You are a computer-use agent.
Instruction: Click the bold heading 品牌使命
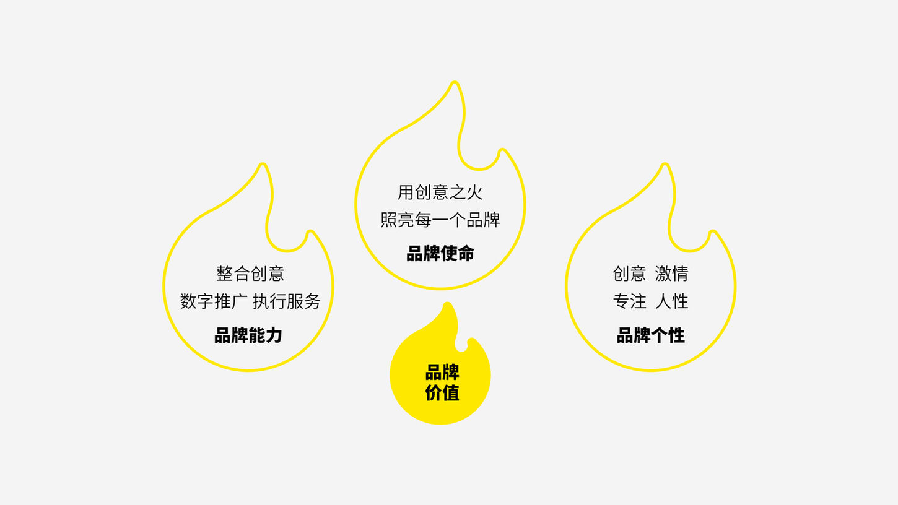click(440, 253)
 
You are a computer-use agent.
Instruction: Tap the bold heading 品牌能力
click(248, 335)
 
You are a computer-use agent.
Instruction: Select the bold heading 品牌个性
click(650, 335)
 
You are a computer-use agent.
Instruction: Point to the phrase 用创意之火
click(440, 192)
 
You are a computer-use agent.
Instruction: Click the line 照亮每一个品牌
click(440, 220)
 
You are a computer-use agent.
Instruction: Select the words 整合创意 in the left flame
click(250, 274)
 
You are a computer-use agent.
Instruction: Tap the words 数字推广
click(214, 301)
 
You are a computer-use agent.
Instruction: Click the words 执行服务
click(287, 301)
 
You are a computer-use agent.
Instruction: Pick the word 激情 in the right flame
click(671, 274)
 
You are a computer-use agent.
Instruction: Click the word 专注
click(629, 301)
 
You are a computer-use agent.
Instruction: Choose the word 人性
click(671, 301)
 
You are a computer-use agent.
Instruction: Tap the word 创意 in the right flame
click(629, 274)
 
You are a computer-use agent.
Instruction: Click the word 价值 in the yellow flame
click(442, 392)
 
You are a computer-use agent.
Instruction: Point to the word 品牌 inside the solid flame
click(442, 373)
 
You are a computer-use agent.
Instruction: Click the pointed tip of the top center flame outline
click(455, 84)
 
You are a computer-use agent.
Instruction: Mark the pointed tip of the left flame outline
click(263, 165)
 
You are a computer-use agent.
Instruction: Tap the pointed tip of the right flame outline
click(665, 165)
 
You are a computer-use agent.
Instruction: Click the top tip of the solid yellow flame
click(447, 304)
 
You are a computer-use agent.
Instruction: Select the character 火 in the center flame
click(475, 192)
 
